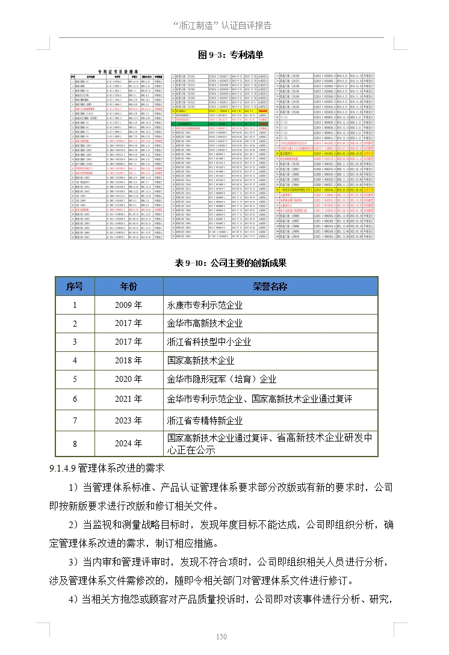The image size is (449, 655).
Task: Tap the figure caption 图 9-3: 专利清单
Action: tap(231, 55)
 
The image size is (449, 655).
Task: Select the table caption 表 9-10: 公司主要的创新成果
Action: tap(230, 263)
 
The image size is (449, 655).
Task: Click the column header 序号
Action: tap(75, 286)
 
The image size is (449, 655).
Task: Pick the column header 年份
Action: tap(128, 286)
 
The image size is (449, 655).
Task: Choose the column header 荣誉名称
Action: tap(270, 286)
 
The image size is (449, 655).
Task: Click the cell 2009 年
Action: tap(128, 305)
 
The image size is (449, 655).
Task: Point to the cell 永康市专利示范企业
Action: tap(205, 305)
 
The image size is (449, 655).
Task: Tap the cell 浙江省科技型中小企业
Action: tap(209, 342)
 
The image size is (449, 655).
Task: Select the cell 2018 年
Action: tap(128, 360)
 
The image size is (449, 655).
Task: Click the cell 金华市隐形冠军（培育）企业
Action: tap(221, 379)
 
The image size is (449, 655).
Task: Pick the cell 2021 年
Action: tap(128, 398)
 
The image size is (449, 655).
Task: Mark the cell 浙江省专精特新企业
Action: tap(205, 420)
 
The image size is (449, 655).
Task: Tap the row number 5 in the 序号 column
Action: tap(75, 379)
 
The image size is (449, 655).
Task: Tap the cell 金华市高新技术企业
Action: tap(205, 324)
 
